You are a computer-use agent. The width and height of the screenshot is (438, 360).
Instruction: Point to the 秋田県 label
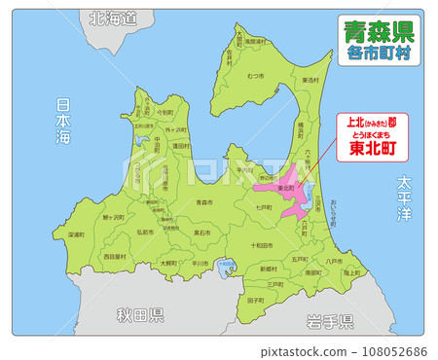point(140,315)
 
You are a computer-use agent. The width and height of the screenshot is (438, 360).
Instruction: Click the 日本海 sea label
point(64,122)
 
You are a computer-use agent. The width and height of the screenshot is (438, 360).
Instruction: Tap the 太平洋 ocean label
point(406,198)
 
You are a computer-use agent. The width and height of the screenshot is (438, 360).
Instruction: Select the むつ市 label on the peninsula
point(256,75)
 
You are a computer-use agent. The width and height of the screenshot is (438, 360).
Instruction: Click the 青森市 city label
point(203,202)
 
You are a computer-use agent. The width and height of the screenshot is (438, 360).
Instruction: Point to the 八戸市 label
point(334,261)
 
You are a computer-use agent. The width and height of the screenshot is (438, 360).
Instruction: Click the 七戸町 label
point(263,208)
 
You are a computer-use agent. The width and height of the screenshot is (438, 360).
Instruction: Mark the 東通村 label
point(310,80)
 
